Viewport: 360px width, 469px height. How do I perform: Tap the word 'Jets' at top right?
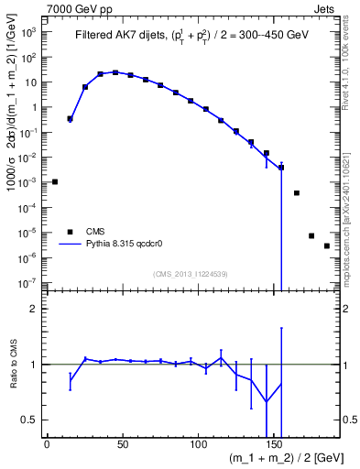pyautogui.click(x=338, y=8)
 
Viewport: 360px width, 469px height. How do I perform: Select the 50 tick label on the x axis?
pyautogui.click(x=123, y=443)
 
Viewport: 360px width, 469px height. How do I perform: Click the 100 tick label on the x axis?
pyautogui.click(x=199, y=443)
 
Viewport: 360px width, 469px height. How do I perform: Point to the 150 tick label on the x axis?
pyautogui.click(x=275, y=443)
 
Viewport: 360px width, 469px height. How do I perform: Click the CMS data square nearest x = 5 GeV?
pyautogui.click(x=55, y=181)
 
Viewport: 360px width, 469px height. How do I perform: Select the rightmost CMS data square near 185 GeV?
pyautogui.click(x=327, y=245)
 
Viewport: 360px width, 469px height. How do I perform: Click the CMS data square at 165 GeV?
pyautogui.click(x=297, y=192)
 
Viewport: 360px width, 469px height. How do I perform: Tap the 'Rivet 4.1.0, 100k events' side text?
pyautogui.click(x=353, y=64)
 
